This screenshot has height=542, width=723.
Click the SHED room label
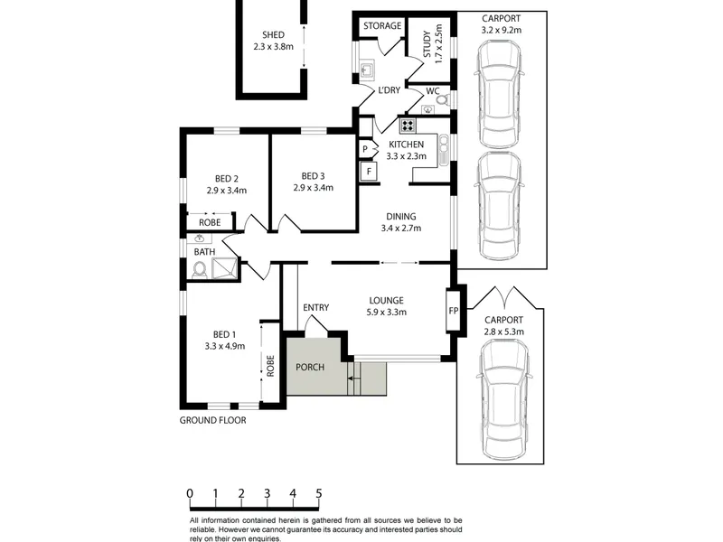tap(273, 34)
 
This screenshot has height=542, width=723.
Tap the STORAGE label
tap(382, 26)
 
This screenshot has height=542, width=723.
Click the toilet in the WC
tap(443, 99)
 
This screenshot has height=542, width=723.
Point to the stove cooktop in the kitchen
tap(408, 126)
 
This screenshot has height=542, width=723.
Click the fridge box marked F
tap(369, 172)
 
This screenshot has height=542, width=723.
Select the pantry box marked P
tap(365, 149)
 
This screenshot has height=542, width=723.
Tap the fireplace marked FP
tap(453, 310)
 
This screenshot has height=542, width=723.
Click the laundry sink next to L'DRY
tap(368, 70)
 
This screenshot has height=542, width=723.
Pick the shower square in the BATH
tap(224, 268)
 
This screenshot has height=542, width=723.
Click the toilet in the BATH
tap(200, 269)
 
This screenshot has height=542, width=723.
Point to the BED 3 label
tap(313, 176)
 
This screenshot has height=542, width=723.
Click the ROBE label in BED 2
tap(210, 222)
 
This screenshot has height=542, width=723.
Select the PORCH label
tap(310, 367)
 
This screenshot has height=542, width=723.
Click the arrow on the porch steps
tap(354, 378)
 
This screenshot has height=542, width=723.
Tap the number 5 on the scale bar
tap(319, 493)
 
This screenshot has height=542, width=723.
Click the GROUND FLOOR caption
tap(213, 420)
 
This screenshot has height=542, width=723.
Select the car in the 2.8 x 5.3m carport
tap(503, 391)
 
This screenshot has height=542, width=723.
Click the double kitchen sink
tap(444, 149)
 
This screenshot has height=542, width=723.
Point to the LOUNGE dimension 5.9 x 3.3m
tap(387, 312)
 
